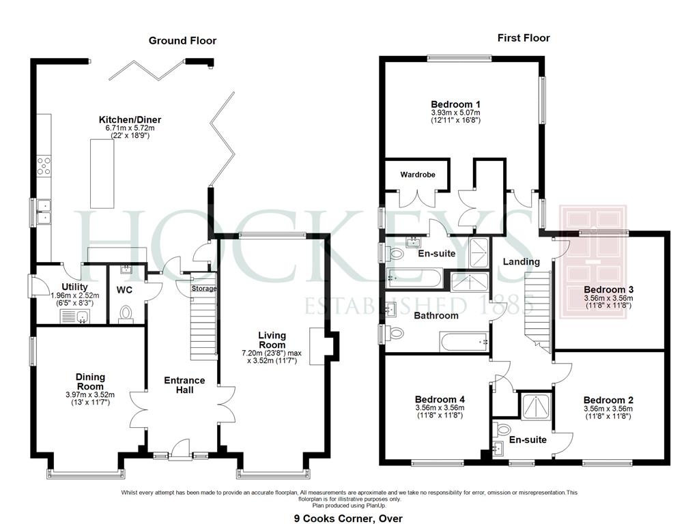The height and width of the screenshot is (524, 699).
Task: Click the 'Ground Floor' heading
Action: [182, 40]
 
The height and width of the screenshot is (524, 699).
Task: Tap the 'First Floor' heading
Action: [524, 38]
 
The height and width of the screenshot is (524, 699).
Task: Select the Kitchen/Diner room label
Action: [130, 119]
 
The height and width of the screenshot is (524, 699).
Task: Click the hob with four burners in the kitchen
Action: [44, 165]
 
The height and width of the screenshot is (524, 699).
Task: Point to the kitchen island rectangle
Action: [102, 173]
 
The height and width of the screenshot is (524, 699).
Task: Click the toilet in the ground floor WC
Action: [126, 314]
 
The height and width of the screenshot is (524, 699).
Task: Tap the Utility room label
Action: [74, 287]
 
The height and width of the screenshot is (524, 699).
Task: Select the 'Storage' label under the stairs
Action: [203, 289]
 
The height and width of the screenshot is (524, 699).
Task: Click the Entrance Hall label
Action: [184, 385]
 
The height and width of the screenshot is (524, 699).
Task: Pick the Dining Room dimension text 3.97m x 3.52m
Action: [90, 394]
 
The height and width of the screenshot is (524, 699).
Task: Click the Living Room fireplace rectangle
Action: [317, 346]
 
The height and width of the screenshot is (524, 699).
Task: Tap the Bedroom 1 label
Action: [455, 104]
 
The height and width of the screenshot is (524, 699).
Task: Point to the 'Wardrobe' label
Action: [418, 175]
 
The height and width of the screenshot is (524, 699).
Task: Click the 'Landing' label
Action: [521, 261]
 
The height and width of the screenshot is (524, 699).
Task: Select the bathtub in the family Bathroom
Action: [464, 342]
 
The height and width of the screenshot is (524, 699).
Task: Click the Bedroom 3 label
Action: [608, 289]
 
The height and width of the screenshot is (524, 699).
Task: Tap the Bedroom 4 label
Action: [440, 399]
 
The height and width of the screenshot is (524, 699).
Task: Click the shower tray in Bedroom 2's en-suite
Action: [536, 406]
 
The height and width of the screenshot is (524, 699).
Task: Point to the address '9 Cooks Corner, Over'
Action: [348, 519]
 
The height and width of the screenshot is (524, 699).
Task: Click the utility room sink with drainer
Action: [74, 317]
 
